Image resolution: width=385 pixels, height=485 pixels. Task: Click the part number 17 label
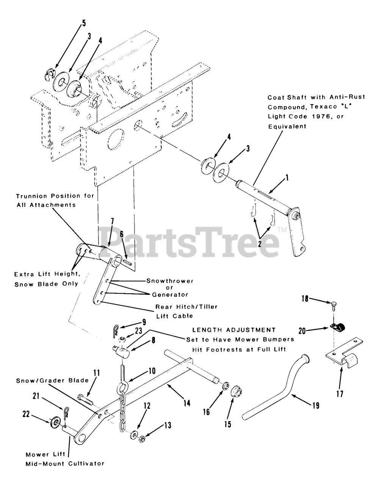(x=340, y=394)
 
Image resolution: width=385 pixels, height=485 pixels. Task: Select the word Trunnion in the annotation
(x=31, y=196)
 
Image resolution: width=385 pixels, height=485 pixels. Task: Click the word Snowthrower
(x=170, y=281)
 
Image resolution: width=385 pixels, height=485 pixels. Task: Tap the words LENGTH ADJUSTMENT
(x=234, y=330)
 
